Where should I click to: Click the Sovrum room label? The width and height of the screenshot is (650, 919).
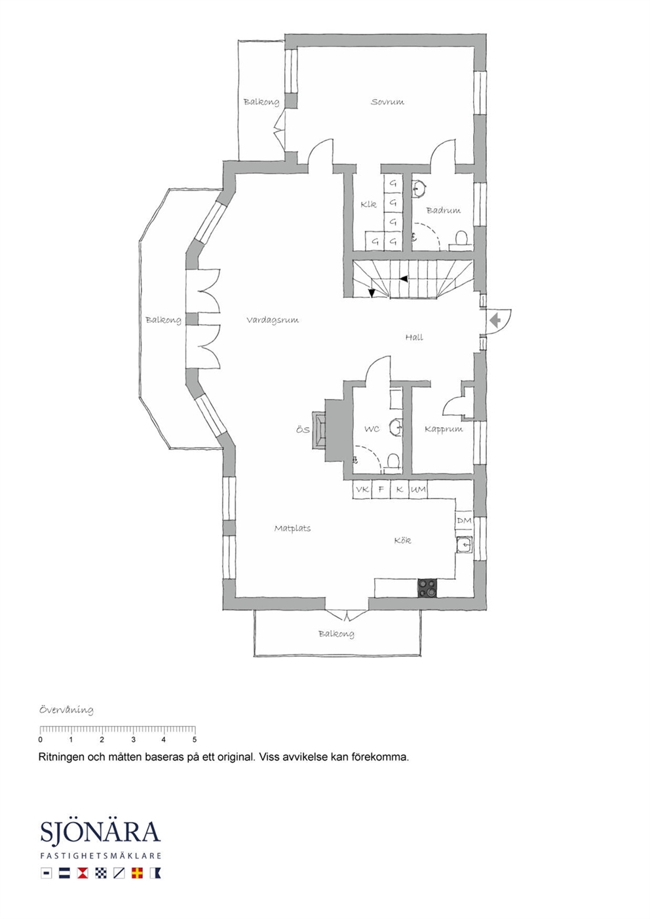(387, 102)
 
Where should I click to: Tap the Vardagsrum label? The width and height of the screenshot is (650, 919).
(273, 320)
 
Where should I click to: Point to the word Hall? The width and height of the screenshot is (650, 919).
(414, 337)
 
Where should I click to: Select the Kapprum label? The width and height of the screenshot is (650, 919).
(444, 429)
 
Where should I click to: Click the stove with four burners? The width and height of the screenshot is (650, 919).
(428, 588)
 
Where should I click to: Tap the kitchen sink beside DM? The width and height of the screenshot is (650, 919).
(465, 545)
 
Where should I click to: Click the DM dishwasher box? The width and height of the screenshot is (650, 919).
(464, 521)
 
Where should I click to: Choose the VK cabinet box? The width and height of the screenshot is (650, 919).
(362, 489)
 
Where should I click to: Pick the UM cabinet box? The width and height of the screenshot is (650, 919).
(418, 489)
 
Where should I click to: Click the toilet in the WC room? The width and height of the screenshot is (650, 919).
(392, 462)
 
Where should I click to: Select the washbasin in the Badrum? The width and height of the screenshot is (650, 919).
(419, 189)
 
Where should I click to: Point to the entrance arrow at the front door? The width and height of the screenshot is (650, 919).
(496, 320)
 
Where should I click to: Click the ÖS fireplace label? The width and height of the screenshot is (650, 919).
(303, 430)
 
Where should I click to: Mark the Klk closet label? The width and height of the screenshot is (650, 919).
(368, 204)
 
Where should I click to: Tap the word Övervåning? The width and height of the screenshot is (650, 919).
(66, 710)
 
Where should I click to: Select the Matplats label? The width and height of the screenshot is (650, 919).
(293, 529)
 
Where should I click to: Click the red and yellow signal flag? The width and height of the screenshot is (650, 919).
(137, 873)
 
